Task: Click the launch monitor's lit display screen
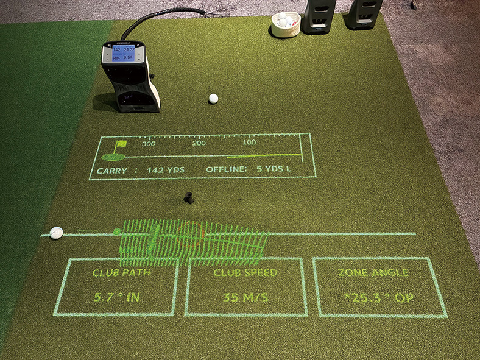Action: click(x=122, y=54)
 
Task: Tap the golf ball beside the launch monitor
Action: click(x=213, y=98)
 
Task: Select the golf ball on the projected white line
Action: click(x=56, y=232)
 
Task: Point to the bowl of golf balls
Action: click(x=285, y=24)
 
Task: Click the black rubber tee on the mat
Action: click(x=189, y=197)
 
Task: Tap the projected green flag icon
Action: click(x=121, y=146)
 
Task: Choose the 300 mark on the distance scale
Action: click(x=149, y=144)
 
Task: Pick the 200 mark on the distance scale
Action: click(x=199, y=143)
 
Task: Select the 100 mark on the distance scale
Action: click(x=249, y=143)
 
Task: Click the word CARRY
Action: click(x=112, y=171)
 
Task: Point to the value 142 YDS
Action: click(x=166, y=170)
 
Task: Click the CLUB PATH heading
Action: click(x=121, y=273)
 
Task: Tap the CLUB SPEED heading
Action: click(x=245, y=273)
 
